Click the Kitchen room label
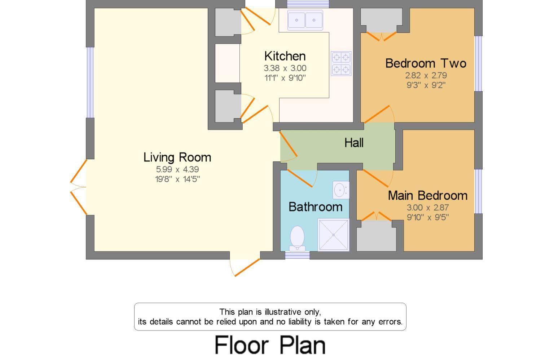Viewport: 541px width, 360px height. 285,56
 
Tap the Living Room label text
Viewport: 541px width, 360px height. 177,157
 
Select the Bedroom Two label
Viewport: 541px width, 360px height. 426,63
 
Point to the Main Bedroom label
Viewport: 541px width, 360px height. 428,196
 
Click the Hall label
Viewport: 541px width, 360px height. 354,143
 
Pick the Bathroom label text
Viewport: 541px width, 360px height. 315,207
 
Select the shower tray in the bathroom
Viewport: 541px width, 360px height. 333,235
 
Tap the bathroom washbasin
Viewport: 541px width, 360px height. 340,190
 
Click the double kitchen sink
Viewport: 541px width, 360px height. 305,20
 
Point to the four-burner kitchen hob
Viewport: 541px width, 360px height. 341,63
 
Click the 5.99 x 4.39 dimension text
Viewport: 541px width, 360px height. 177,169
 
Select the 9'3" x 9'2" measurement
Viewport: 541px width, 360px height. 426,85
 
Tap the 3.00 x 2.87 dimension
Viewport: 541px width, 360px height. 428,208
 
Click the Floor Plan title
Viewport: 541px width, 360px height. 270,345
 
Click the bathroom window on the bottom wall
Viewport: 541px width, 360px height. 297,255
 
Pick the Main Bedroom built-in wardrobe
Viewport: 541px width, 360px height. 376,236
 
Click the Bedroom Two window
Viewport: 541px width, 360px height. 478,63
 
